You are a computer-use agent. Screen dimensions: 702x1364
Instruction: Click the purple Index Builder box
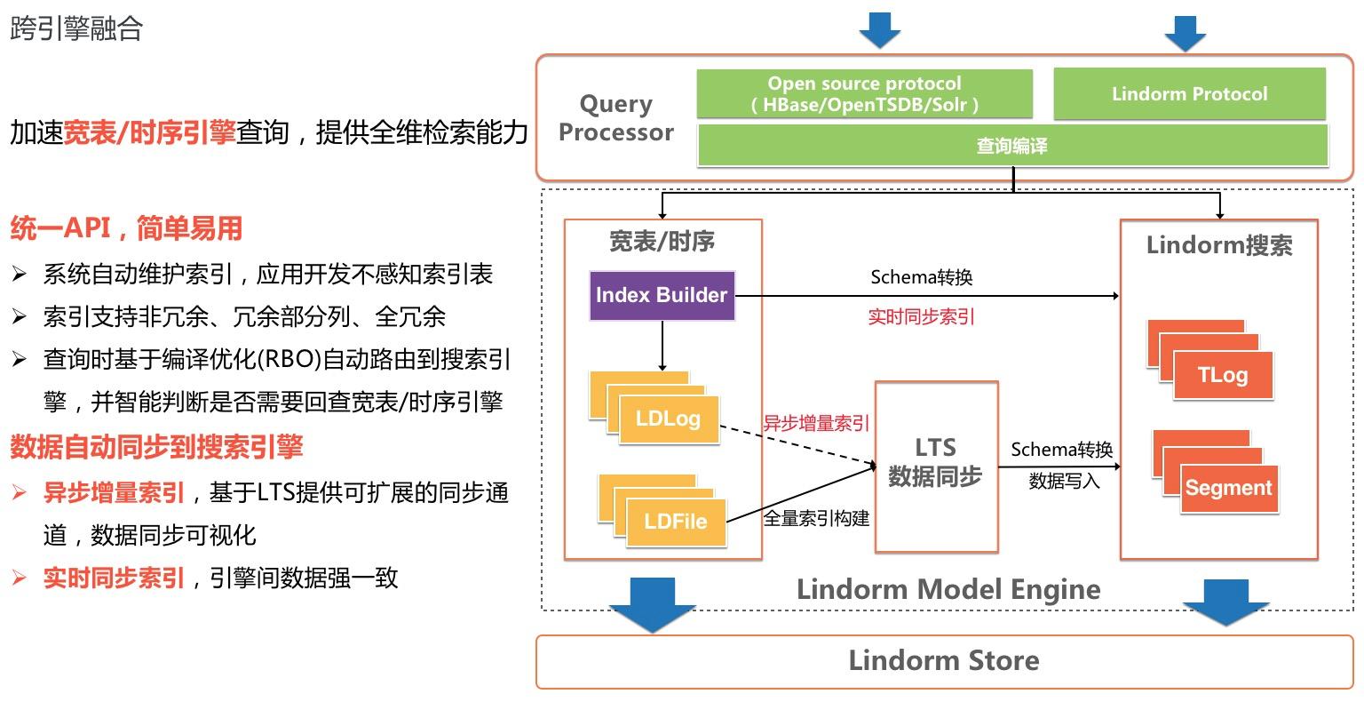(662, 296)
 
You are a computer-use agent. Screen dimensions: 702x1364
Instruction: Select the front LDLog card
(668, 419)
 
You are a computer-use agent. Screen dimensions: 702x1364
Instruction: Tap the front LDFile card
(676, 522)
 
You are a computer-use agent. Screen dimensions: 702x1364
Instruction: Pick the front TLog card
(1223, 375)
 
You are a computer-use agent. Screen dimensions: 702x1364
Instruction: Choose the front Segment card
(1229, 488)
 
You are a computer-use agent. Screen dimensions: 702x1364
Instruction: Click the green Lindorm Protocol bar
(1189, 94)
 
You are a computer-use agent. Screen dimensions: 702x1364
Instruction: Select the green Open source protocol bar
(864, 94)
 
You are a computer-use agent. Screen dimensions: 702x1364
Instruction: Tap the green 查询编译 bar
(1012, 146)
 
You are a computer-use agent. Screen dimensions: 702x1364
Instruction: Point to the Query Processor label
(616, 118)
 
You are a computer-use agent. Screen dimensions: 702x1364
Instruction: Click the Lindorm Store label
(943, 661)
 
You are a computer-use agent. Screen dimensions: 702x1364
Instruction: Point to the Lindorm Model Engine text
(948, 590)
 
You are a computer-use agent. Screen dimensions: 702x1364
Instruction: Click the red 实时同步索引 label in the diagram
(921, 317)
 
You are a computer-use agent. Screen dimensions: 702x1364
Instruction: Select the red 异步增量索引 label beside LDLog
(816, 424)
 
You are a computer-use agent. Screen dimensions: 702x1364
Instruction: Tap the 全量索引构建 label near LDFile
(816, 518)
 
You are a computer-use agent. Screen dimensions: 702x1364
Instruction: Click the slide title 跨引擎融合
(76, 28)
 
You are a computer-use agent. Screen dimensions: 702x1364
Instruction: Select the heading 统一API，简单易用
(126, 228)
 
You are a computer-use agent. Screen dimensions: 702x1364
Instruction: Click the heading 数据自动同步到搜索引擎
(156, 446)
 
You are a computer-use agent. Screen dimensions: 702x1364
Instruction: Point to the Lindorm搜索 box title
(1218, 246)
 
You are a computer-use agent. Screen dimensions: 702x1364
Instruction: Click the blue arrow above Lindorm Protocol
(1185, 32)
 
